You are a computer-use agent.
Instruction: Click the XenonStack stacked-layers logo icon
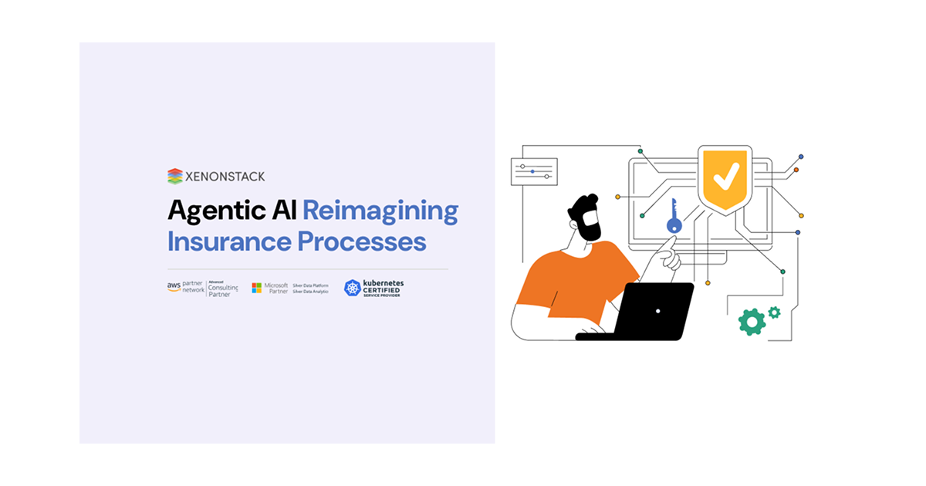point(175,176)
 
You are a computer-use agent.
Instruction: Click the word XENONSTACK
point(225,177)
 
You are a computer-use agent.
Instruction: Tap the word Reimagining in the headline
point(380,211)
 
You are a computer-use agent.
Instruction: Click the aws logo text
point(174,285)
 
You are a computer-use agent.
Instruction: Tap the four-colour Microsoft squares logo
point(256,288)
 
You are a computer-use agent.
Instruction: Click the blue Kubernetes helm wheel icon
point(353,289)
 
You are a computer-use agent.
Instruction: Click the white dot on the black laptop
point(657,311)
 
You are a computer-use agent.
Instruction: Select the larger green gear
point(750,321)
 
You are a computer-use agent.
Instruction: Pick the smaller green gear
point(774,312)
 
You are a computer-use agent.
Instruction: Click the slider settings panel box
point(533,171)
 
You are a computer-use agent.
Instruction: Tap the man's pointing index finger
point(670,245)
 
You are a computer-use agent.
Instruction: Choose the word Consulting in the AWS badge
point(224,288)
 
